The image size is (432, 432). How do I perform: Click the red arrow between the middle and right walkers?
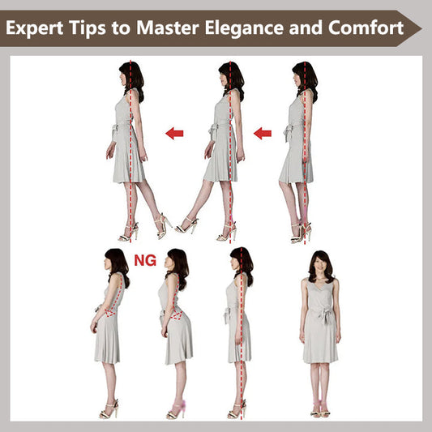263,133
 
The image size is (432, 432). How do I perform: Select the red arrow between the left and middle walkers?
174,133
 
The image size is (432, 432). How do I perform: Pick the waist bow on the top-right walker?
289,132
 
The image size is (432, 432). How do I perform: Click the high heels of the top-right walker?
301,233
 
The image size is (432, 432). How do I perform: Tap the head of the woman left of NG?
116,263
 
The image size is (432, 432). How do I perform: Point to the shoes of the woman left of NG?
109,410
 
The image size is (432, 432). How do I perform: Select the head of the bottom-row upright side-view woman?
241,263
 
